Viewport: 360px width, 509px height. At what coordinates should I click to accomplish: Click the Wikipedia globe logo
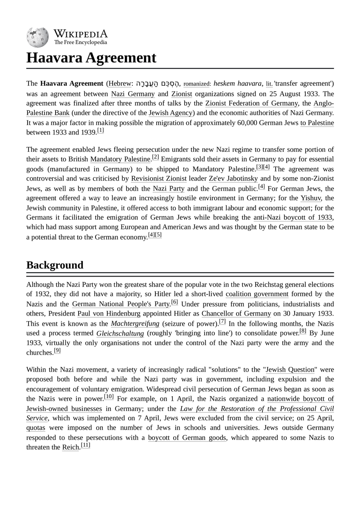tap(38, 37)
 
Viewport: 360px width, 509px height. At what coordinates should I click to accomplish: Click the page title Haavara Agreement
tap(91, 58)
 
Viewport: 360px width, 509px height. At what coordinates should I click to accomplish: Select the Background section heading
tap(55, 265)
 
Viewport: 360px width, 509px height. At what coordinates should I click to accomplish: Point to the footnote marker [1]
tap(100, 131)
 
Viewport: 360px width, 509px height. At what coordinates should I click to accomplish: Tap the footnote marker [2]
tap(155, 157)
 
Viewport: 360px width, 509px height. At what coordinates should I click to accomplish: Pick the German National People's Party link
tap(121, 304)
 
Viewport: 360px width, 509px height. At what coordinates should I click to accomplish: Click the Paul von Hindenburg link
tap(109, 314)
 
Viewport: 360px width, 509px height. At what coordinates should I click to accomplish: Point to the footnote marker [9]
tap(57, 351)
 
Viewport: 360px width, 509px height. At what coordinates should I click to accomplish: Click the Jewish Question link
tap(290, 370)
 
